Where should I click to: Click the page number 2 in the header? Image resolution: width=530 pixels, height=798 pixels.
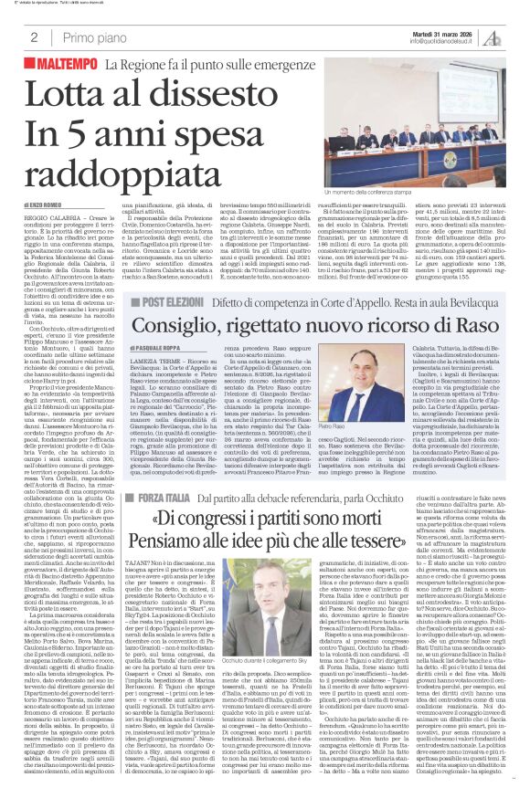point(34,38)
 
